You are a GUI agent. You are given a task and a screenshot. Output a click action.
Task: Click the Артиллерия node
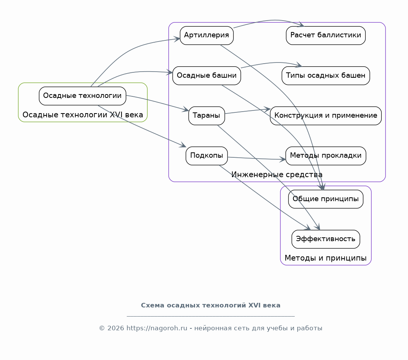[x=206, y=35]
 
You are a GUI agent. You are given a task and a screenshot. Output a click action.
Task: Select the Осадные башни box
[x=206, y=75]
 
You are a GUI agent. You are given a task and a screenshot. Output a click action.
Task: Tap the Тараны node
[x=206, y=115]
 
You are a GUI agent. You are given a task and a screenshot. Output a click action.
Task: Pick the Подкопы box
[x=206, y=155]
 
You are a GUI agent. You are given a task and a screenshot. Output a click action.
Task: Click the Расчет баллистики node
[x=326, y=35]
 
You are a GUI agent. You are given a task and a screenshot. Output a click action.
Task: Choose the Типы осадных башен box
[x=326, y=75]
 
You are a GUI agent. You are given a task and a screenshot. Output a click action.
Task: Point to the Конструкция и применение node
[x=326, y=115]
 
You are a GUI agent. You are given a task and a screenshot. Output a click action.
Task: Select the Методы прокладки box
[x=326, y=155]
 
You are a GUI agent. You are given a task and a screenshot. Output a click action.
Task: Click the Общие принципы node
[x=326, y=199]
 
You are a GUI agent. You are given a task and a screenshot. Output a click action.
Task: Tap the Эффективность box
[x=326, y=239]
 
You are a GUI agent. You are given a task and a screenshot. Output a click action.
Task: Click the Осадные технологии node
[x=83, y=96]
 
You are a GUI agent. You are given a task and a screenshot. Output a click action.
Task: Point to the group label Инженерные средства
[x=277, y=174]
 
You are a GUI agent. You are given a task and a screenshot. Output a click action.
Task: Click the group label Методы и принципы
[x=325, y=258]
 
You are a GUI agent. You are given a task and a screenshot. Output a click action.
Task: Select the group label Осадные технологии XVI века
[x=83, y=115]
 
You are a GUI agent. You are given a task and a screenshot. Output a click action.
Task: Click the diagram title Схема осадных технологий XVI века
[x=211, y=305]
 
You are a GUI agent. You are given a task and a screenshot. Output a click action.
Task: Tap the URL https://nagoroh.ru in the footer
[x=157, y=328]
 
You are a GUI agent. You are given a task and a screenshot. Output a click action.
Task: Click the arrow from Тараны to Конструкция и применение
[x=248, y=111]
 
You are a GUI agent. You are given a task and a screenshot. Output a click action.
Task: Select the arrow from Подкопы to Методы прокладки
[x=257, y=158]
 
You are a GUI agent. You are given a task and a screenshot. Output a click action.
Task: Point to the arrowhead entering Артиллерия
[x=177, y=39]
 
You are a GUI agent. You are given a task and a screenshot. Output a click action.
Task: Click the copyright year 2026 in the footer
[x=115, y=328]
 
